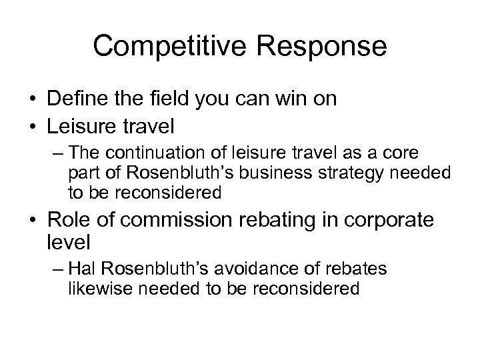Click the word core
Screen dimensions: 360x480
coord(404,153)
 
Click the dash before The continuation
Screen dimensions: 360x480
coord(57,153)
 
